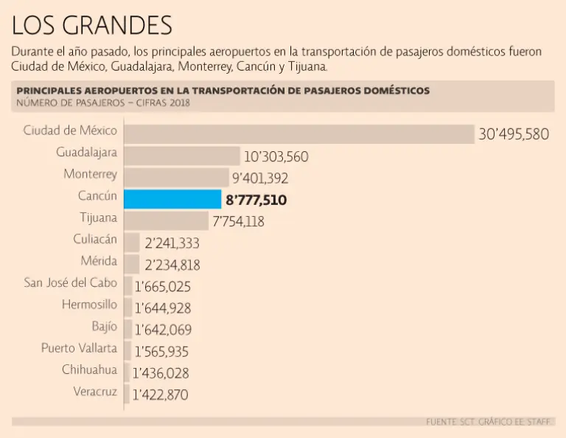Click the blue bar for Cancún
[x=172, y=199]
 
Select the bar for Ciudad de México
[x=298, y=133]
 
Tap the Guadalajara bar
[x=182, y=156]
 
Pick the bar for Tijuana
[x=166, y=220]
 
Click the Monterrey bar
[x=176, y=178]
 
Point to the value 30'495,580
[x=514, y=134]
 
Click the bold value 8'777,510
[x=256, y=200]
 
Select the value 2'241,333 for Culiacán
[x=172, y=243]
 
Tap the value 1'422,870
[x=161, y=395]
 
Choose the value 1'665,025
[x=161, y=286]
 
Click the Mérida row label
[x=99, y=260]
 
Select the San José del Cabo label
[x=71, y=282]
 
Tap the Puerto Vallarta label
[x=79, y=348]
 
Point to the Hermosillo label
[x=89, y=304]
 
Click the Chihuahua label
[x=89, y=369]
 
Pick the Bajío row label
[x=104, y=326]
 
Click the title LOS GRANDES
[x=92, y=25]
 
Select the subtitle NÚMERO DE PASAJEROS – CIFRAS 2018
[x=103, y=103]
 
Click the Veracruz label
[x=95, y=392]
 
